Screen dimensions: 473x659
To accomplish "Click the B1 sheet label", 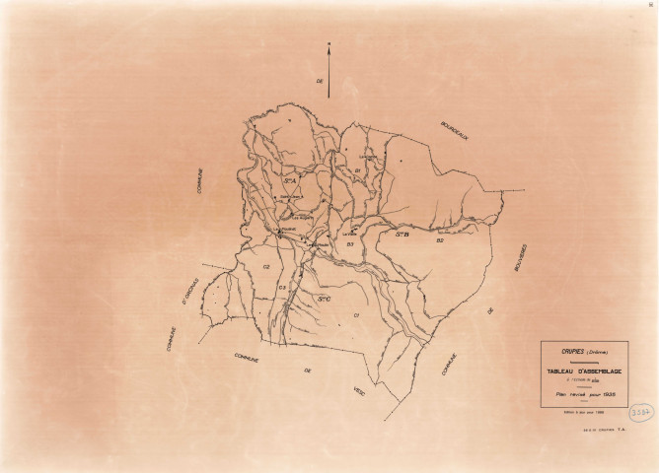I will (355, 170).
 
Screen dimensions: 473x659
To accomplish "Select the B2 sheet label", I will (440, 240).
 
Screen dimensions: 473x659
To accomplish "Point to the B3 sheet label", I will (349, 242).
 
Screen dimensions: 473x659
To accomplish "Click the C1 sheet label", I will (355, 313).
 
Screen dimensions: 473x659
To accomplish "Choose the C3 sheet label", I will (282, 287).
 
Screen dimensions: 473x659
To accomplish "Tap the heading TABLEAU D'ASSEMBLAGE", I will (583, 371).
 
